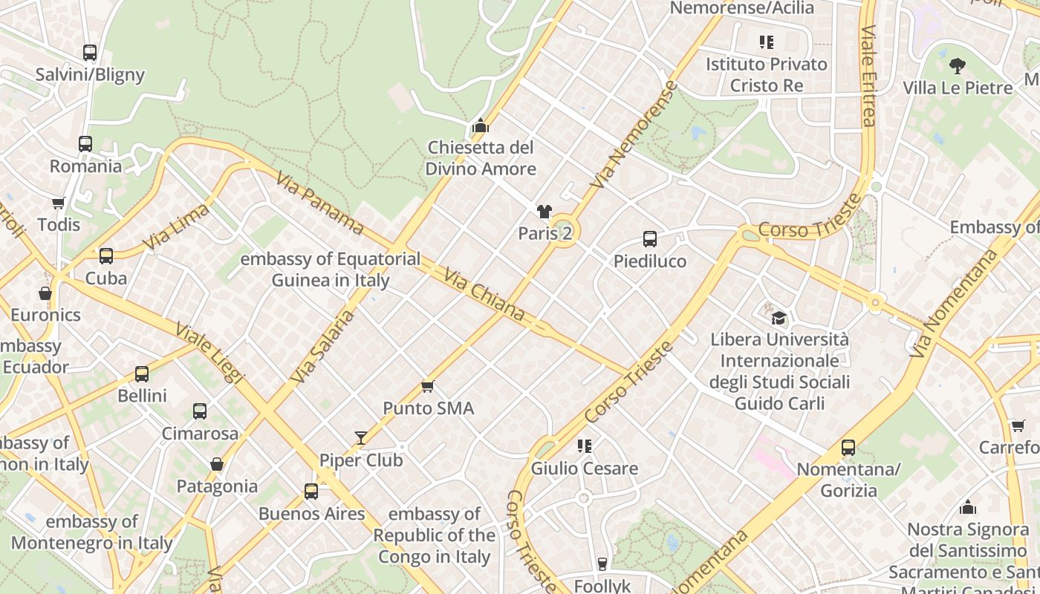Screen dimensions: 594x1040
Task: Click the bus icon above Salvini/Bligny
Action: [90, 53]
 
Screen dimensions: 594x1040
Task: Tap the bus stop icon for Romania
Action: [85, 144]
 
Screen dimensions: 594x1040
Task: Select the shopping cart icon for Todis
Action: [58, 203]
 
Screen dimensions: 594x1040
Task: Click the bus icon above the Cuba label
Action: [106, 256]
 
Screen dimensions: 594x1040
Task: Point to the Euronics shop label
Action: [45, 315]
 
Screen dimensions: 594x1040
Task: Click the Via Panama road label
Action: [319, 203]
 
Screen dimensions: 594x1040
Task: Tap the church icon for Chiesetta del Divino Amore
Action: [481, 125]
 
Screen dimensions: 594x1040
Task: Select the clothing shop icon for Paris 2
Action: [545, 212]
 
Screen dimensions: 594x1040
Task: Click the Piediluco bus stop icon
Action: [650, 239]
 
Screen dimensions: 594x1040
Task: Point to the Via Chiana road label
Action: [484, 296]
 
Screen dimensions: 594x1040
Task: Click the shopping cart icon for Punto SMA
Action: [427, 386]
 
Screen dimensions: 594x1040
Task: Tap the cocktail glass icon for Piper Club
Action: [361, 438]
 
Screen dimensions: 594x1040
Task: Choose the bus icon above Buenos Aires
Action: [311, 492]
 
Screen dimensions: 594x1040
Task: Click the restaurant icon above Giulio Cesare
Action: [585, 446]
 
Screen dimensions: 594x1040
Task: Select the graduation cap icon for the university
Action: [779, 318]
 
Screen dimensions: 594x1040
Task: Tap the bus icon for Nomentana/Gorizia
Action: [848, 448]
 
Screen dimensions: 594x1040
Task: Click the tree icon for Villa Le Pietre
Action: [958, 65]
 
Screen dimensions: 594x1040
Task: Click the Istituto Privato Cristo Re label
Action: [767, 74]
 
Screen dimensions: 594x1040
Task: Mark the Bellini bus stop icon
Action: [142, 373]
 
